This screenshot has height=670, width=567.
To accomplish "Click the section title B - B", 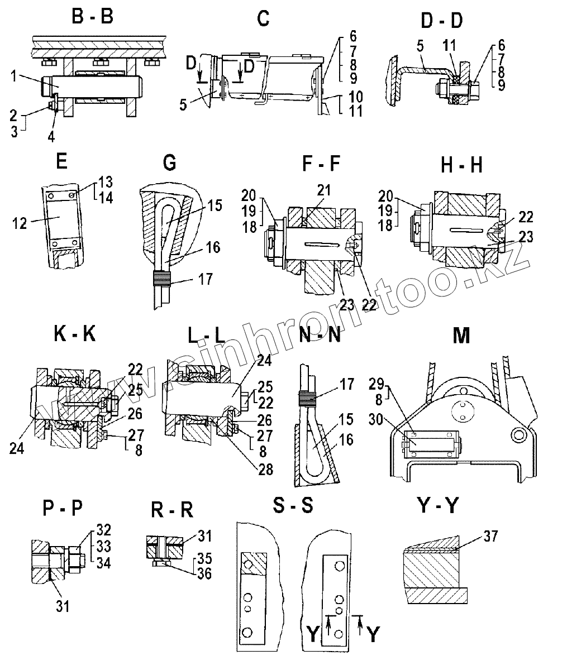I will [93, 17].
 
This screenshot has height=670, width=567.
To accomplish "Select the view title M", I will [461, 336].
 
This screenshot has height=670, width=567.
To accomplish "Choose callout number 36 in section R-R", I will [204, 573].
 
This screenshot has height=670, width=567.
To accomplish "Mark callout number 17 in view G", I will [206, 278].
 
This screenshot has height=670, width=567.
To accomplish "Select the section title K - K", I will [75, 334].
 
